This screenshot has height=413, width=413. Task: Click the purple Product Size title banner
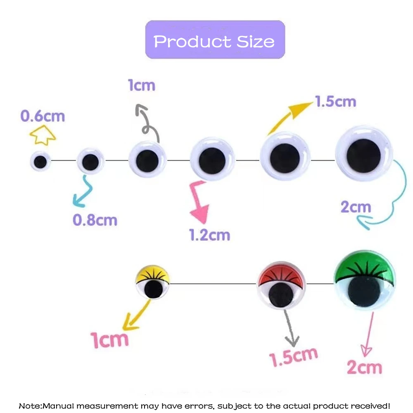coord(215,40)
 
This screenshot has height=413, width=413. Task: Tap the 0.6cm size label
coord(43,116)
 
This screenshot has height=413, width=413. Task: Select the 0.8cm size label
coord(95,220)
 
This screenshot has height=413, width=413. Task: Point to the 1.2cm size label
coord(209,235)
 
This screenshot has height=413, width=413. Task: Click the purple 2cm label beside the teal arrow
coord(356,206)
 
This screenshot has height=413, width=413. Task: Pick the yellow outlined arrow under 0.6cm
coord(43,135)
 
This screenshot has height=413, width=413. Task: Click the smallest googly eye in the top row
coord(40,162)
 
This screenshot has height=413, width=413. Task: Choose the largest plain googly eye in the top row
coord(364,155)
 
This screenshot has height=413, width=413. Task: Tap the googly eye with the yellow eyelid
coord(153,283)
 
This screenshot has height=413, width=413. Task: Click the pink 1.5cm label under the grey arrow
coord(294,356)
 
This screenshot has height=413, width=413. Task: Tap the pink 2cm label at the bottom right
coord(364,367)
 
